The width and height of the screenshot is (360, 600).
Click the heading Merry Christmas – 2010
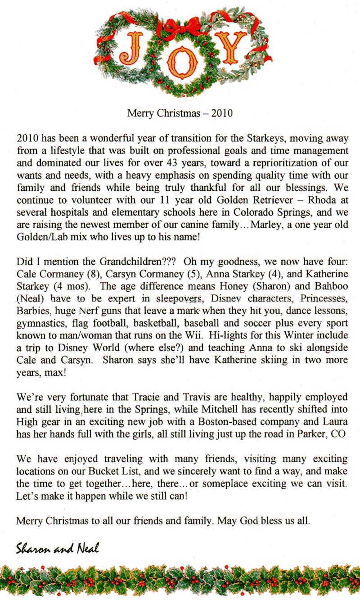(180, 113)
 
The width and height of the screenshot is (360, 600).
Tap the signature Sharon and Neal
(57, 548)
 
